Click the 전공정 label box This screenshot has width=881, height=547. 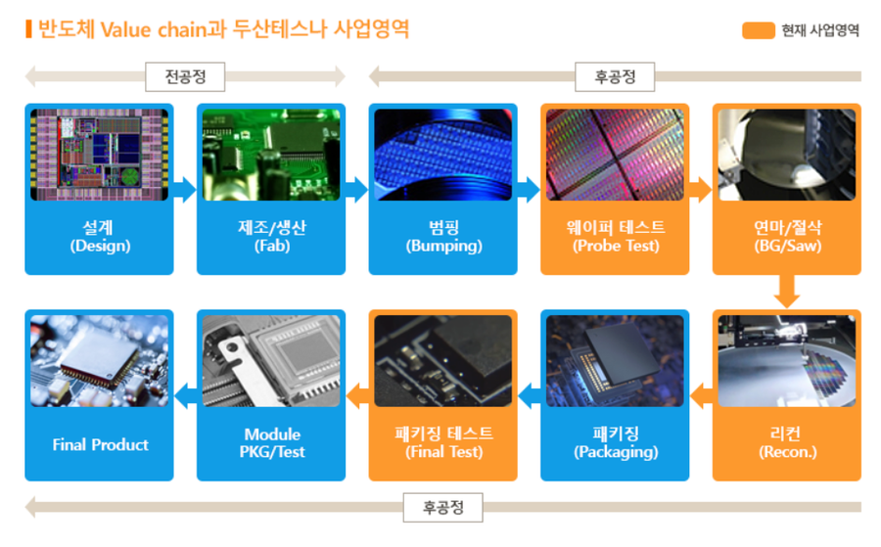click(x=185, y=76)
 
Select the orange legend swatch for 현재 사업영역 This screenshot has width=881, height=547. click(x=758, y=30)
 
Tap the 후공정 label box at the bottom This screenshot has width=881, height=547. click(x=442, y=508)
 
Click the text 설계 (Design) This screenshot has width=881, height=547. click(x=100, y=237)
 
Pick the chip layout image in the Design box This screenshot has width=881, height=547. click(x=100, y=155)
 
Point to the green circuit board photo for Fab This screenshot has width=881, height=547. click(x=271, y=155)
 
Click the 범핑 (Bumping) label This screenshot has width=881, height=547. click(x=443, y=237)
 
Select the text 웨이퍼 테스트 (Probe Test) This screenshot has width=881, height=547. click(x=616, y=237)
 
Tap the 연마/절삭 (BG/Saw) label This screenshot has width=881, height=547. click(x=787, y=237)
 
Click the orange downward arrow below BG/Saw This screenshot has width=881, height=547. click(x=787, y=291)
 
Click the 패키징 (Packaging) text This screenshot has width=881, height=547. click(x=616, y=442)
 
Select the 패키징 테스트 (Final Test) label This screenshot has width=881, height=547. click(x=443, y=442)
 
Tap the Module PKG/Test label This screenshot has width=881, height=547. click(x=272, y=442)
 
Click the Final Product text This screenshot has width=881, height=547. click(x=100, y=445)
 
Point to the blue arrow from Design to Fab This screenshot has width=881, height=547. click(x=185, y=189)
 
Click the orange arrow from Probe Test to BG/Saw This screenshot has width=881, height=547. click(x=701, y=189)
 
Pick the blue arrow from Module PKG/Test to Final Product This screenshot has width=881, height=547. click(x=185, y=396)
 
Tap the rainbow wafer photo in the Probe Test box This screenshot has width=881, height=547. click(x=616, y=155)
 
